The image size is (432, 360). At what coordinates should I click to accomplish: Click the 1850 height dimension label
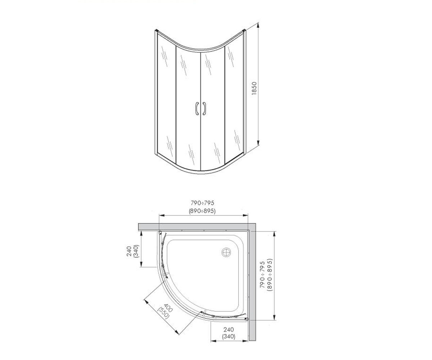click(254, 88)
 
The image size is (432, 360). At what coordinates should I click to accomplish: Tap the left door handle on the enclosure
click(197, 108)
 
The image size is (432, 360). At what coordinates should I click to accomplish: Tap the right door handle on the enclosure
click(204, 108)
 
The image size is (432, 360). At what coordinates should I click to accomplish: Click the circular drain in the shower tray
click(226, 252)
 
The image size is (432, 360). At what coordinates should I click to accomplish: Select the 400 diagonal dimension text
click(168, 308)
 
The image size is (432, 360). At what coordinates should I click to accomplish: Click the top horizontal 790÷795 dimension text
click(202, 203)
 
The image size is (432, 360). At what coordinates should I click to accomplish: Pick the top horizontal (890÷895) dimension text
click(202, 211)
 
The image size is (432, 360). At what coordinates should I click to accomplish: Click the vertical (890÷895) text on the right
click(270, 275)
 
